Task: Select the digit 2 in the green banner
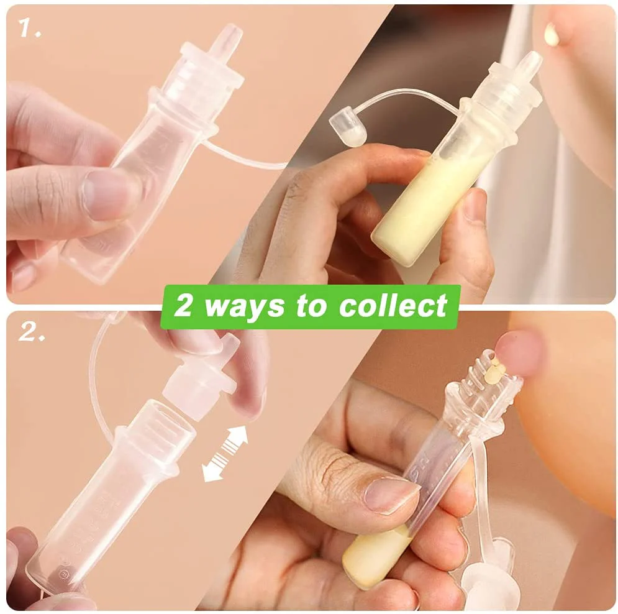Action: coord(183,306)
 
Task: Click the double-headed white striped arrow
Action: coord(225,454)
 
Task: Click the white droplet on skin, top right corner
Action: coord(551,34)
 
